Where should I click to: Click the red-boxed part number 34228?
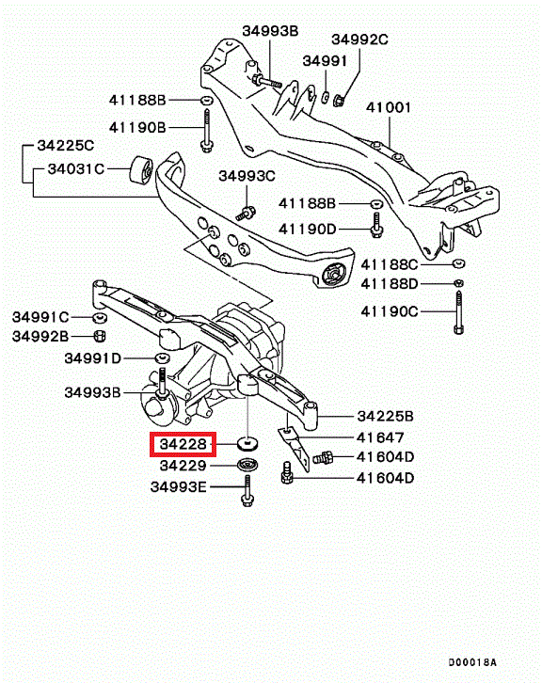(x=183, y=444)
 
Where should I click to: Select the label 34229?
(x=183, y=466)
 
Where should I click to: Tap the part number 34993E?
(x=178, y=486)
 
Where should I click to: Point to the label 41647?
(x=380, y=437)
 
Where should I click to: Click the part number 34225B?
(x=385, y=416)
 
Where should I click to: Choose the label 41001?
(x=389, y=107)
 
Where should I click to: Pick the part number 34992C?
(x=359, y=40)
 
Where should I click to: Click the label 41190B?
(x=137, y=127)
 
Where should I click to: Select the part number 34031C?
(x=76, y=168)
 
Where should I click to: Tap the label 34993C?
(x=247, y=176)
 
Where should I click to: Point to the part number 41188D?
(x=389, y=284)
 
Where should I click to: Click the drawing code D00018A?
(x=472, y=662)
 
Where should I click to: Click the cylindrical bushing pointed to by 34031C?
(x=141, y=169)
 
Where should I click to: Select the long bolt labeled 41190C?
(x=458, y=312)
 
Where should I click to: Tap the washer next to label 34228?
(x=247, y=444)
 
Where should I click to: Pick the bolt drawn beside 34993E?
(x=247, y=490)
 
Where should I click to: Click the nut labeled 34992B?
(x=100, y=336)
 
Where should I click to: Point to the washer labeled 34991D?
(x=163, y=358)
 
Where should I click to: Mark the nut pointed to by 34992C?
(x=339, y=101)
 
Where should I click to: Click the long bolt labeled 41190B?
(x=206, y=130)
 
